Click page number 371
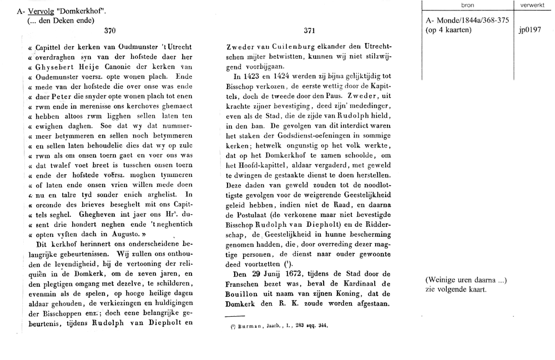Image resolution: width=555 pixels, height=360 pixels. pos(310,31)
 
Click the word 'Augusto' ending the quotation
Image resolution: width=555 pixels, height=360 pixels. pos(112,235)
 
